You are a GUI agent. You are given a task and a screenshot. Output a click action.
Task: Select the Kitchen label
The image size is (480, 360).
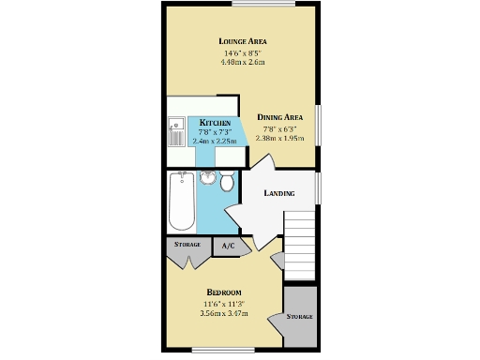click(215, 123)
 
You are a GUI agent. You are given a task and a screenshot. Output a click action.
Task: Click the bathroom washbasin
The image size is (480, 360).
click(208, 178)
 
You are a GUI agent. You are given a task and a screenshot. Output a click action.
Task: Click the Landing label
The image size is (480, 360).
click(278, 194)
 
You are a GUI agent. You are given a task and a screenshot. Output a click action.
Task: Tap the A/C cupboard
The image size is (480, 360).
click(229, 246)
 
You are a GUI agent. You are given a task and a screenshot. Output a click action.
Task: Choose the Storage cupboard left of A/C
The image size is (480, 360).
click(187, 246)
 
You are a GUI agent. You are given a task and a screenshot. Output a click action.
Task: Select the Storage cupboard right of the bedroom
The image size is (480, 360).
click(299, 316)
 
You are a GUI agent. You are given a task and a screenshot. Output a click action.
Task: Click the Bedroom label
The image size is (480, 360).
click(224, 292)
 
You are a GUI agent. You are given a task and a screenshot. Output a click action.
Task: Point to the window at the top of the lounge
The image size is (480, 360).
click(259, 4)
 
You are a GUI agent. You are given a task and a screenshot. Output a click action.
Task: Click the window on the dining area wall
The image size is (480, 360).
click(319, 123)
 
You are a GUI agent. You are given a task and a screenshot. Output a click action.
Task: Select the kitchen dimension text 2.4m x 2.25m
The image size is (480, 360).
click(215, 141)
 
